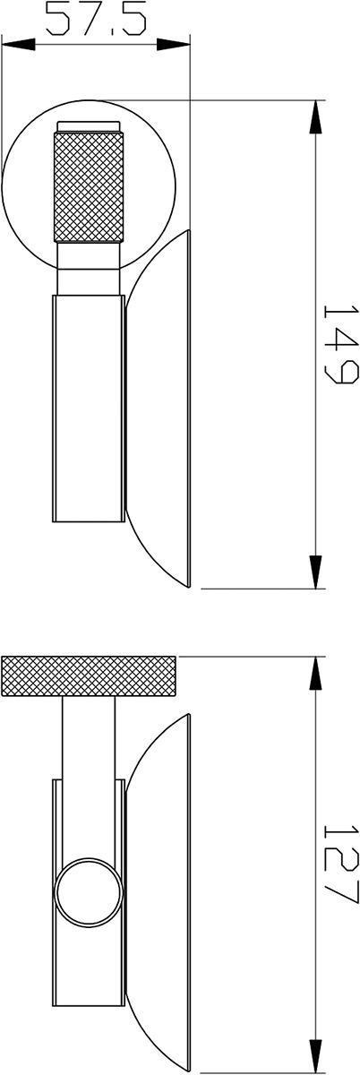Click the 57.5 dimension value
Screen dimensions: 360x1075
pyautogui.click(x=96, y=19)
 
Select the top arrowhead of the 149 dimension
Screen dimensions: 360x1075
pyautogui.click(x=315, y=117)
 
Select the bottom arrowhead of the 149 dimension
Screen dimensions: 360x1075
pyautogui.click(x=315, y=572)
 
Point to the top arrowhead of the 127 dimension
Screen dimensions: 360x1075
pyautogui.click(x=315, y=674)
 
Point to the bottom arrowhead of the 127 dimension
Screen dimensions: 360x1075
pyautogui.click(x=315, y=1055)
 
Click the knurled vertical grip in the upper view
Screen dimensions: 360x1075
pyautogui.click(x=89, y=187)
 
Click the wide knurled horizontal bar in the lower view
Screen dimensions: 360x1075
pyautogui.click(x=89, y=676)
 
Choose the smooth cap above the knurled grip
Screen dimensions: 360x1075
pyautogui.click(x=89, y=126)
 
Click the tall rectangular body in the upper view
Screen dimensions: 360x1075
pyautogui.click(x=89, y=408)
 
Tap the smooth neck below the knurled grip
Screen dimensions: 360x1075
pyautogui.click(x=89, y=268)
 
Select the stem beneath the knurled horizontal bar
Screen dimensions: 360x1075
pyautogui.click(x=89, y=749)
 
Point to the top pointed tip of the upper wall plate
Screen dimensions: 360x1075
pyautogui.click(x=189, y=231)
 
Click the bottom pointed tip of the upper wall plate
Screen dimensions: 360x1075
pyautogui.click(x=189, y=587)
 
